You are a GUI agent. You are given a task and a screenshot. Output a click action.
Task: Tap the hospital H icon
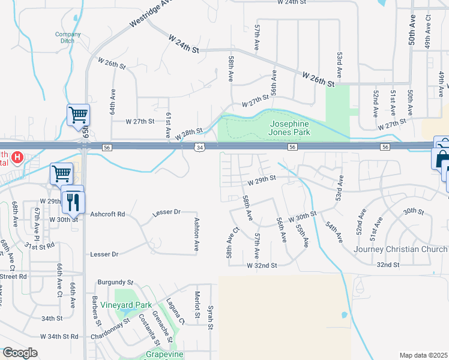tap(18, 158)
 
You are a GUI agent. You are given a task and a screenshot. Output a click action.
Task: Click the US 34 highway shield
tap(200, 147)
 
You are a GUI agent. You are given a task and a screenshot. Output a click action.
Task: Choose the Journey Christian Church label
tap(400, 249)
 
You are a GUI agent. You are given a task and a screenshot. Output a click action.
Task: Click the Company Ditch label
tap(68, 38)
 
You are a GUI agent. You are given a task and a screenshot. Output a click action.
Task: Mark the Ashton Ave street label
tap(196, 234)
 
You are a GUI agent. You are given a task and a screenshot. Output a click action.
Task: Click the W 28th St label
tap(190, 134)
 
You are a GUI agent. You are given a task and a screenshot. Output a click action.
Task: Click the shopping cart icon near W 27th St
tap(78, 115)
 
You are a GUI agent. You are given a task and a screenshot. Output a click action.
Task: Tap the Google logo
tap(20, 353)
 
